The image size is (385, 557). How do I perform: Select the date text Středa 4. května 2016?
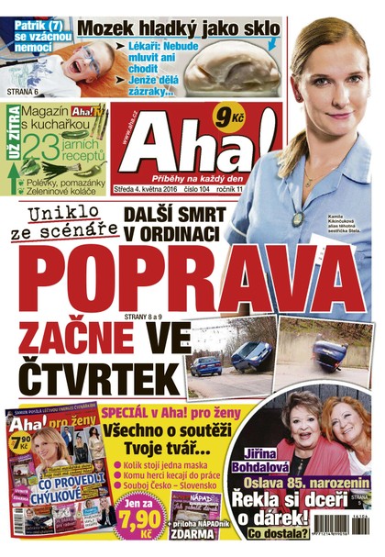tap(150, 192)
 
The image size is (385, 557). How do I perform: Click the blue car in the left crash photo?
tap(206, 365)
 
